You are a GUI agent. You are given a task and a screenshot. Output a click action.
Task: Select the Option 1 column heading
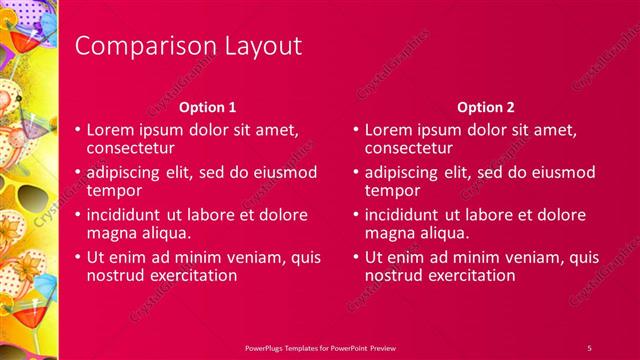coord(208,107)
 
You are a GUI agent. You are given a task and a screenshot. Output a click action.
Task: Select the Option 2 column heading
coord(485,107)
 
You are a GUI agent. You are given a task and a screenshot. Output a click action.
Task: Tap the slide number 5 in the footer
coord(589,346)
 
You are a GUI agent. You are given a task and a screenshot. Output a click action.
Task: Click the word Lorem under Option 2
coord(390,130)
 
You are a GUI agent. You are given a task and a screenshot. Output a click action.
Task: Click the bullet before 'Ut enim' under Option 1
coord(78,258)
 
